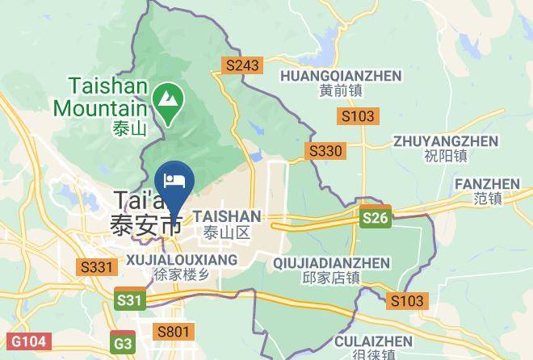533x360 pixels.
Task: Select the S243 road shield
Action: pyautogui.click(x=242, y=66)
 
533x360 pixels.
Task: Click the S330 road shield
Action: pyautogui.click(x=325, y=151)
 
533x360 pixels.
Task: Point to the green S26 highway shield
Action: pyautogui.click(x=376, y=217)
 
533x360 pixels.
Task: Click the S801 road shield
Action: pyautogui.click(x=174, y=331)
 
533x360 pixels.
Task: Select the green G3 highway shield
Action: pyautogui.click(x=123, y=342)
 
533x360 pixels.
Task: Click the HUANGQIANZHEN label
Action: pyautogui.click(x=340, y=76)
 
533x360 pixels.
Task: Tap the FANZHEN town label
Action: pyautogui.click(x=488, y=184)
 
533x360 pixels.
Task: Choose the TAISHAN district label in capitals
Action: pyautogui.click(x=227, y=217)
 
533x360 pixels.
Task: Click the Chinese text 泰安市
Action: pyautogui.click(x=146, y=225)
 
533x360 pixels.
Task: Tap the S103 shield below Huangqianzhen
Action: pyautogui.click(x=358, y=116)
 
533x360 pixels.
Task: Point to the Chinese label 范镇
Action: pyautogui.click(x=489, y=198)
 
